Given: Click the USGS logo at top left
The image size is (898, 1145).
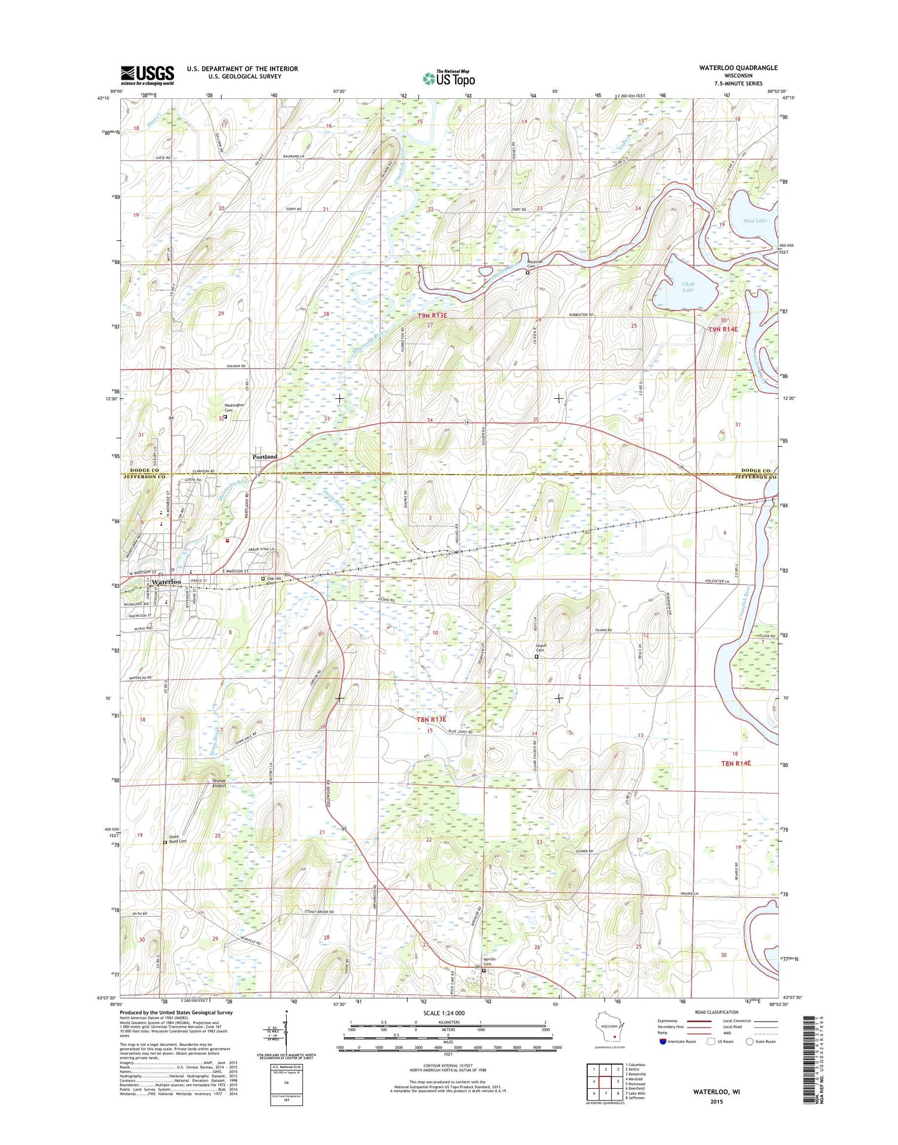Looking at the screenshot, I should (147, 75).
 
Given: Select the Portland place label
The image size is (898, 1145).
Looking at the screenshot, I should (265, 457).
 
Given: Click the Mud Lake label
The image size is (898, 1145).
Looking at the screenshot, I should (755, 220).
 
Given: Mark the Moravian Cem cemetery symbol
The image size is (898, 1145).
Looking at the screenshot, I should (527, 273).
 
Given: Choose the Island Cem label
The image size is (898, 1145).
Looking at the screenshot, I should (536, 649).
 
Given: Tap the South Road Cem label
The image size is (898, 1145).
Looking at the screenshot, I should (177, 839).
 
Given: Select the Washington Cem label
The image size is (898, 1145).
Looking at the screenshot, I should (235, 407).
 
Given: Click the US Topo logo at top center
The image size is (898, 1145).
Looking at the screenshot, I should (449, 78).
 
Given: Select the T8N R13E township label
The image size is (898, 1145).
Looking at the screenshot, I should (432, 719).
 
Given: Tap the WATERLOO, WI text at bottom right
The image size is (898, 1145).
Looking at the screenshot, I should (717, 1092).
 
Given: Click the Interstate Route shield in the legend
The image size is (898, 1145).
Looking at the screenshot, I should (663, 1041).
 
